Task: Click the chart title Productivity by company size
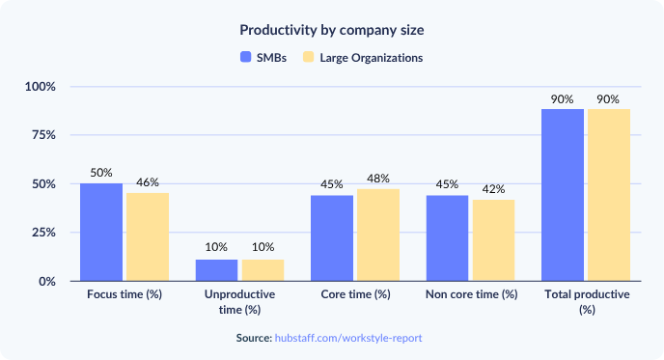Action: (331, 30)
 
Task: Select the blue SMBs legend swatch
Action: (245, 58)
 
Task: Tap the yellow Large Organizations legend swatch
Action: (309, 58)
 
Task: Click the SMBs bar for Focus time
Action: (101, 232)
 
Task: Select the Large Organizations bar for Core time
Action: (378, 235)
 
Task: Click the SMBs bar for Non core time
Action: (448, 237)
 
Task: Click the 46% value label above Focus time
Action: (148, 182)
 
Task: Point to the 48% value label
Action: (378, 179)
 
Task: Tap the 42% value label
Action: (494, 189)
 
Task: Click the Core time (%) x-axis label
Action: (355, 294)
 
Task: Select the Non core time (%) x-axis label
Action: (471, 294)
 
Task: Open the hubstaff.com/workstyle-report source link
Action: (349, 339)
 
